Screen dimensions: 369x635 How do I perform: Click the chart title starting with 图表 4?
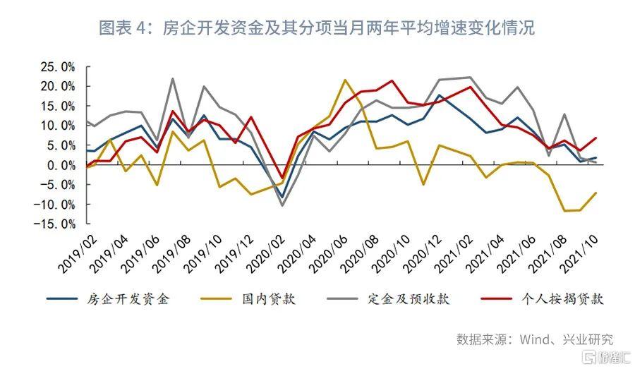(x=317, y=28)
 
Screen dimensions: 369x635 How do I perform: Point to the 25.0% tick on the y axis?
(x=58, y=67)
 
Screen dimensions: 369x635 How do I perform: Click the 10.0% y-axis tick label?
(x=58, y=126)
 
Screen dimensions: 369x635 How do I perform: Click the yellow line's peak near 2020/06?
(x=345, y=80)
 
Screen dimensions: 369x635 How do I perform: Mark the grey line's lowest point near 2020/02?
(x=283, y=205)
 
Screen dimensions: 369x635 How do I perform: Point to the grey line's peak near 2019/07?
(x=173, y=78)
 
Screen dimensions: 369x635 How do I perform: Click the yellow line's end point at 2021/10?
(x=596, y=193)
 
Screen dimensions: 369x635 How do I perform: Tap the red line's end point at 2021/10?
(x=596, y=138)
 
